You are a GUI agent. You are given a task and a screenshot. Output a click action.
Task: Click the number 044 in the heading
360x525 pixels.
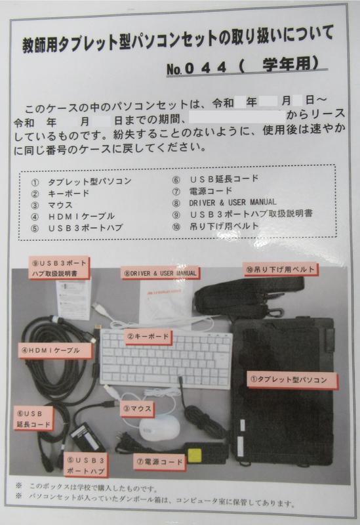tap(205, 68)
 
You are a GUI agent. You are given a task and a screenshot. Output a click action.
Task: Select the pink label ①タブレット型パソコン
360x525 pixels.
tap(292, 380)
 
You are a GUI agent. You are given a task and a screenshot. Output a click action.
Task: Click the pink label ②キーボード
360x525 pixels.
tap(148, 337)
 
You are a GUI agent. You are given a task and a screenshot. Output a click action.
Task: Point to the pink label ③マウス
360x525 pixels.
tap(138, 408)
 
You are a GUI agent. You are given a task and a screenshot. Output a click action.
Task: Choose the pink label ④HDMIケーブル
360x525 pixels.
tap(55, 351)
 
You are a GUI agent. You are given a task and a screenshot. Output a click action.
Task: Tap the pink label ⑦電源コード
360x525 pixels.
tap(159, 462)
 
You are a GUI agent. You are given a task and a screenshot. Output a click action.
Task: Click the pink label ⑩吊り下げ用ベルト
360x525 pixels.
tap(280, 270)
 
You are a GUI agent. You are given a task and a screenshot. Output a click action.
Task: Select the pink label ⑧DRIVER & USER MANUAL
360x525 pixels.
tap(160, 273)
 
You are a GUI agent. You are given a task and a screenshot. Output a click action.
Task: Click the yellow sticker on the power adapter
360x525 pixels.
tap(195, 455)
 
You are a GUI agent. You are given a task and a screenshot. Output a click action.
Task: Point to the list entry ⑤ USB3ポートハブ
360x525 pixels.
tap(77, 228)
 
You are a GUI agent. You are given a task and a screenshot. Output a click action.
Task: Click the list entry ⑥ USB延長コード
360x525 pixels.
tap(215, 178)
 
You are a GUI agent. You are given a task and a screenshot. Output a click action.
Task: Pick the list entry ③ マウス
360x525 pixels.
tap(52, 205)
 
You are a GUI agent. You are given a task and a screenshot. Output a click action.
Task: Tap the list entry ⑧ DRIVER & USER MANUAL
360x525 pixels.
tap(224, 203)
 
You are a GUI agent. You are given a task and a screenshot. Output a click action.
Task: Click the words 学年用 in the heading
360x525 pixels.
tap(287, 64)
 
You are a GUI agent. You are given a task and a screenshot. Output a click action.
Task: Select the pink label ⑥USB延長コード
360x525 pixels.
tap(33, 419)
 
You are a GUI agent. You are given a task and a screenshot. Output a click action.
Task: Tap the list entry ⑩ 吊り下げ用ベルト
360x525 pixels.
tap(216, 226)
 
